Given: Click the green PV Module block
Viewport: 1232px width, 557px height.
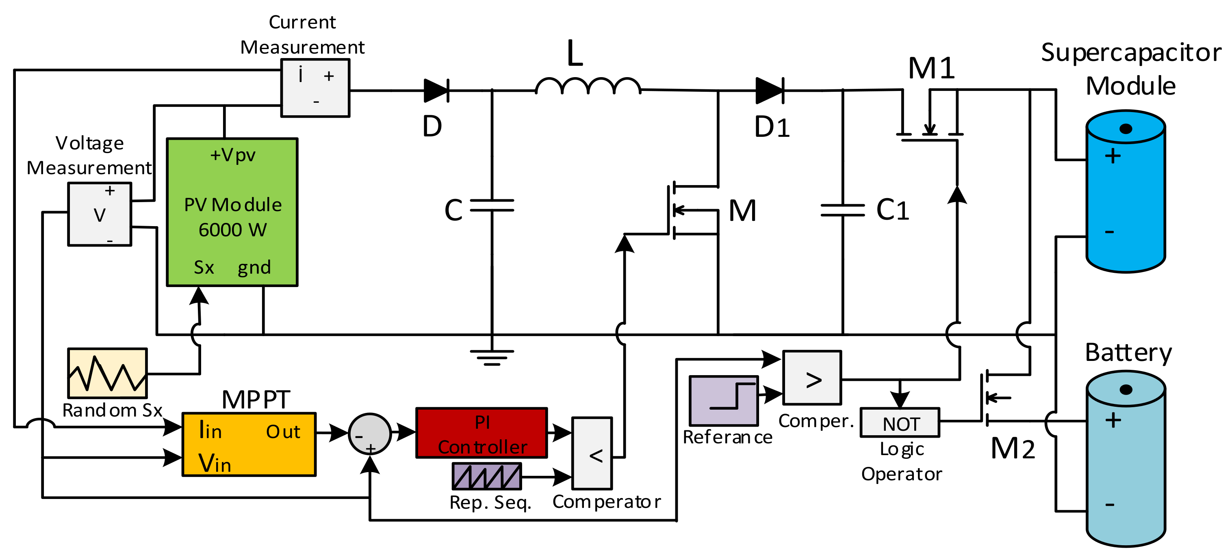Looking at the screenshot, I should (x=232, y=213).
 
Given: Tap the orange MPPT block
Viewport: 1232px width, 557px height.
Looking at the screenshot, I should (x=249, y=444).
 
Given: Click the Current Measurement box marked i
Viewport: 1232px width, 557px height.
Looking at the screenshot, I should (x=315, y=88).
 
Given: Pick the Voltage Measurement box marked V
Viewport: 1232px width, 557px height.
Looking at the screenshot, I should (x=100, y=214).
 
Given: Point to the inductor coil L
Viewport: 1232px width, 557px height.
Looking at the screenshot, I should (x=588, y=86).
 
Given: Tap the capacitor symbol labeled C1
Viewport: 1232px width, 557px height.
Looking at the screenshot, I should (x=843, y=210).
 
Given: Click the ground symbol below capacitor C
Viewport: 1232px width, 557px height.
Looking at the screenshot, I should (x=492, y=357).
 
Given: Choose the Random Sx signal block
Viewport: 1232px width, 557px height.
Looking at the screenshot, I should (x=107, y=373).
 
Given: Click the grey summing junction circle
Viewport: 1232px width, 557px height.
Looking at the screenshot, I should (x=370, y=434).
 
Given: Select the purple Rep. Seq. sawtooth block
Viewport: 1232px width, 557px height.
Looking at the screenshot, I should (x=487, y=476).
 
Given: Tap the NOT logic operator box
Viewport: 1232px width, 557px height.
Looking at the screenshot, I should (x=900, y=423).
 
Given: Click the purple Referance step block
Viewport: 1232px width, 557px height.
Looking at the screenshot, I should (x=724, y=401).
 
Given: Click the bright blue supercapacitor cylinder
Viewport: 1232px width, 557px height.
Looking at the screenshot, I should (x=1126, y=191).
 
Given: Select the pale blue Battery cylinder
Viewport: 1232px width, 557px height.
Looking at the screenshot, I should (x=1126, y=459).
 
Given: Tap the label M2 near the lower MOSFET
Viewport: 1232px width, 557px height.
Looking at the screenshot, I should (x=1013, y=449).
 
